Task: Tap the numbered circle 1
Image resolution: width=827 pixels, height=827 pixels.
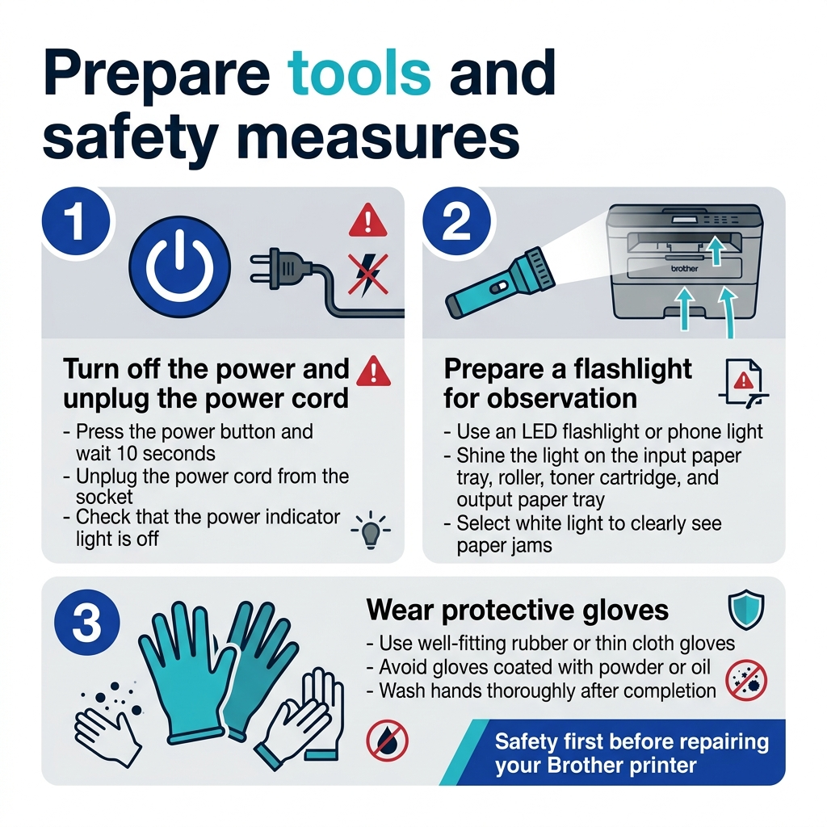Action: click(77, 221)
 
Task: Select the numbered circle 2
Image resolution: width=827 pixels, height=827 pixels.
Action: click(457, 221)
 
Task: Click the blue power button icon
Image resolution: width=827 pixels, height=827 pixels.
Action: click(180, 267)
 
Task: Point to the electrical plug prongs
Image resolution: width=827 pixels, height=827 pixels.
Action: click(262, 269)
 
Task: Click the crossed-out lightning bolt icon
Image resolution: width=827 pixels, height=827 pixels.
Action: click(367, 275)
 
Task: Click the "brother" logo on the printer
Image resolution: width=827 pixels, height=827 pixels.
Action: click(684, 268)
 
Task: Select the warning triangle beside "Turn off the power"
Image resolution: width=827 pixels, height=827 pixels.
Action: click(373, 372)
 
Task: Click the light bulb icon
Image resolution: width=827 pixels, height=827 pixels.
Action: click(371, 531)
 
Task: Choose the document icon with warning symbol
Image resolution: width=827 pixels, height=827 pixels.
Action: click(744, 384)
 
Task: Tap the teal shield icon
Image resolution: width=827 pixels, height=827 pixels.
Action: click(746, 610)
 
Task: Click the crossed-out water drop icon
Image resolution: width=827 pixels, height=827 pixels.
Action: click(387, 741)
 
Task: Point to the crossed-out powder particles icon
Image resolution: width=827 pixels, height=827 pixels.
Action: click(746, 680)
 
